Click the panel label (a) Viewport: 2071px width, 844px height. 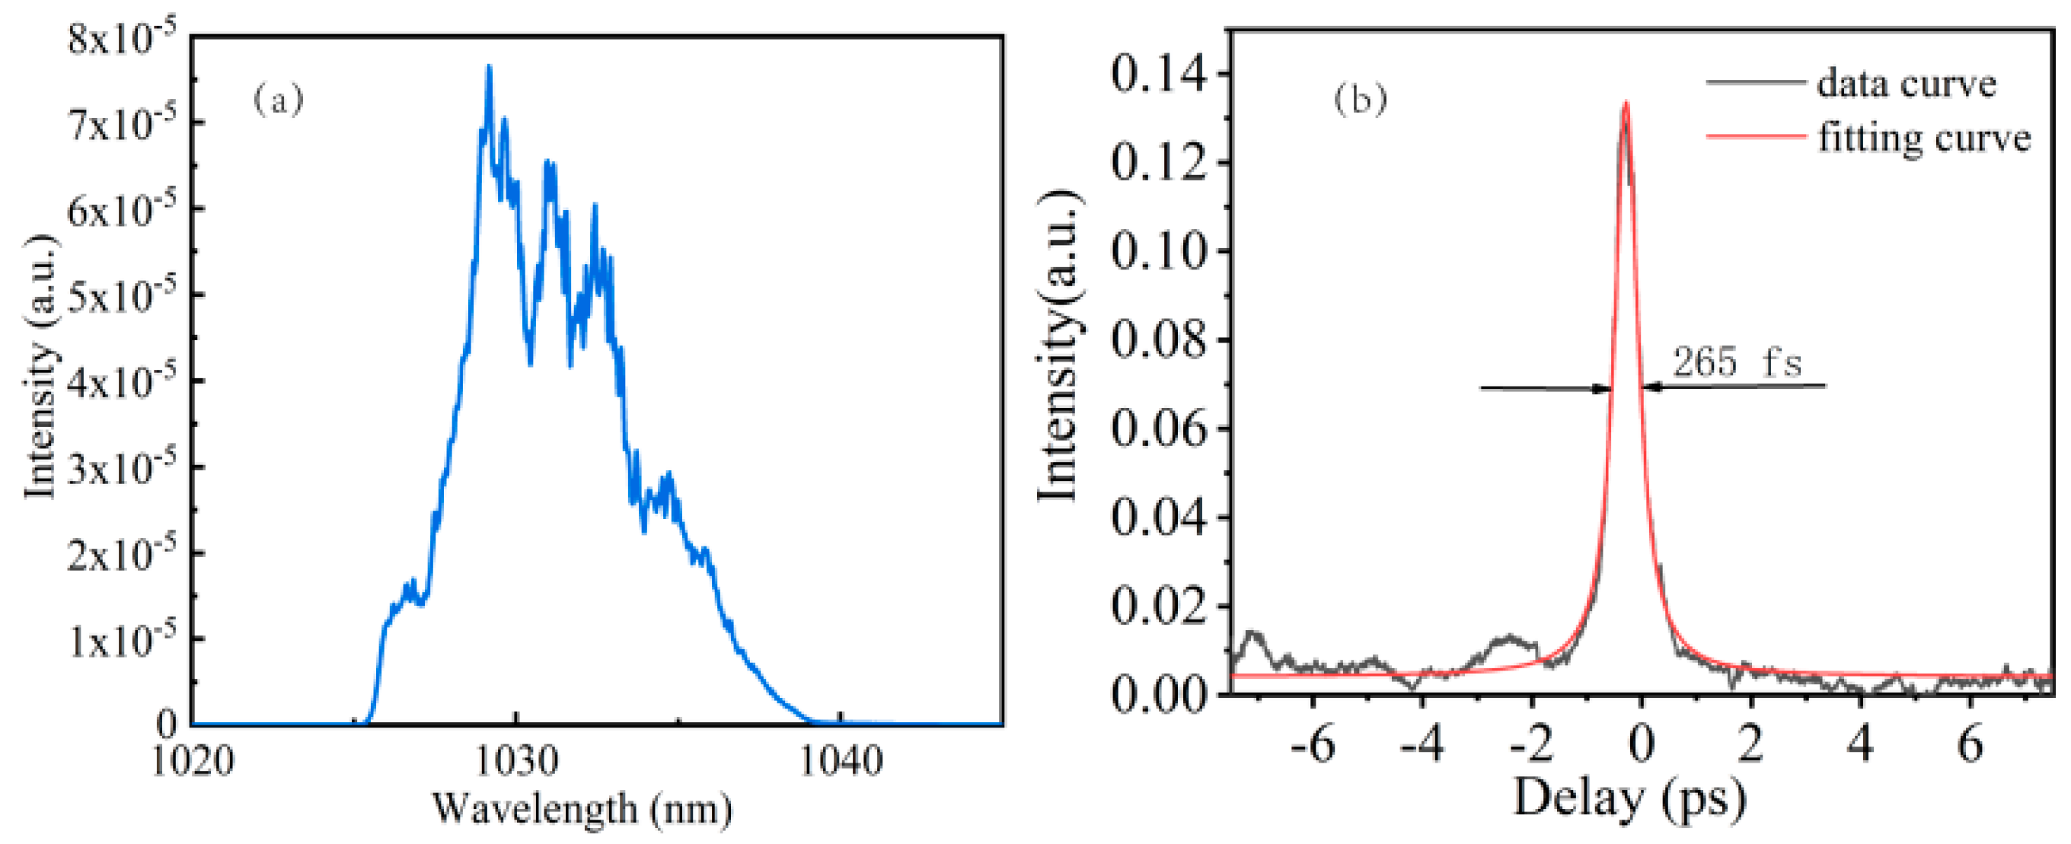tap(279, 100)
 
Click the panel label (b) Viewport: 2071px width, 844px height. tap(1361, 99)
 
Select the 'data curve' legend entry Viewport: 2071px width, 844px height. tap(1904, 83)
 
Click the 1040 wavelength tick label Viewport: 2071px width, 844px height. tap(840, 760)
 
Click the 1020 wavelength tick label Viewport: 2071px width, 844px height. tap(193, 760)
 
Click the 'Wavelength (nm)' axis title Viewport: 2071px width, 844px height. tap(583, 807)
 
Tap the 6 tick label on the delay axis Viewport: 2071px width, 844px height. tap(1970, 746)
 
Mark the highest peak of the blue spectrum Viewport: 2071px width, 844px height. tap(488, 68)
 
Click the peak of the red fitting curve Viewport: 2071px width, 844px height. tap(1626, 103)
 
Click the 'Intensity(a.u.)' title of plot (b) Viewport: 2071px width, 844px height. tap(1059, 346)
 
